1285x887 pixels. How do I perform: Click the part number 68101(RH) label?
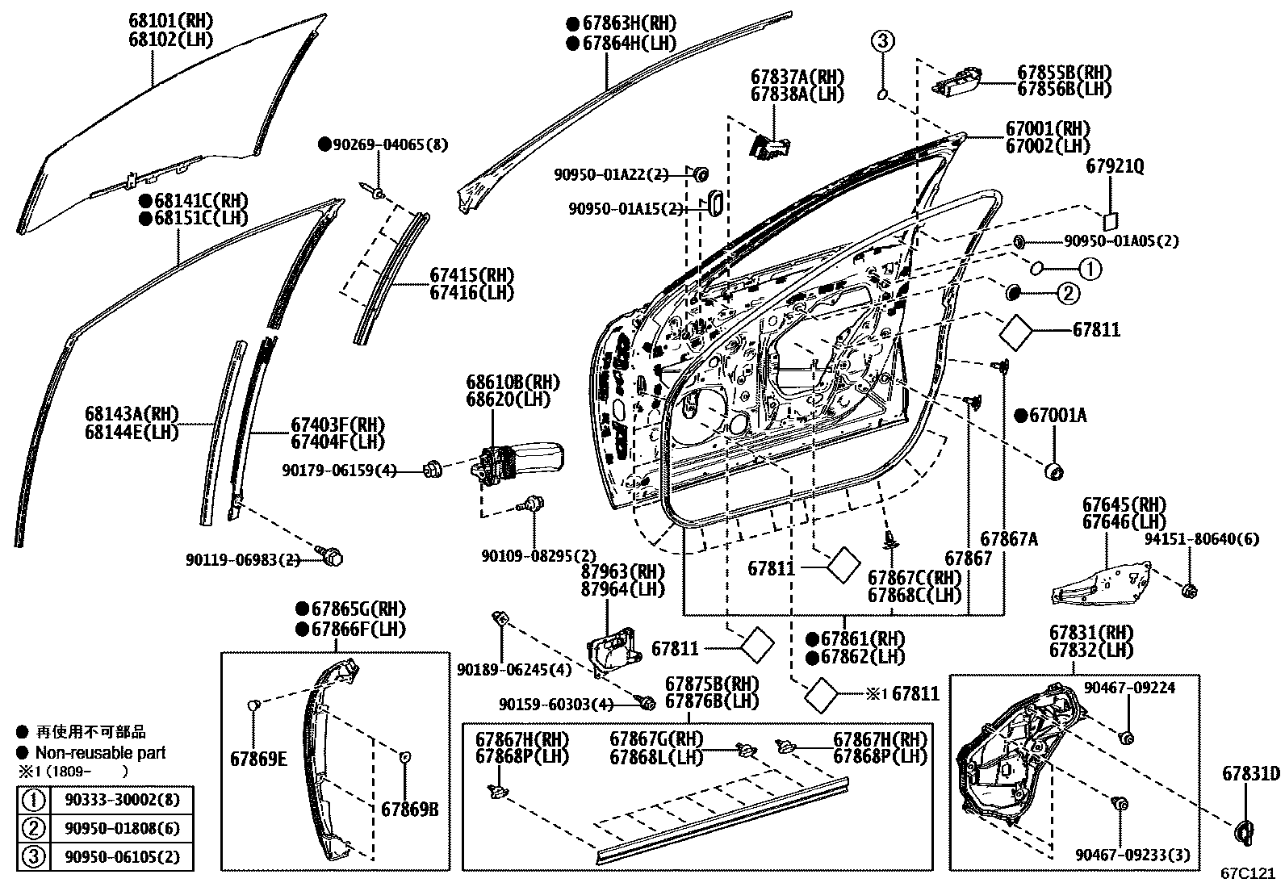coord(170,21)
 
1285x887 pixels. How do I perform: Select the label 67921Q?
coord(1115,166)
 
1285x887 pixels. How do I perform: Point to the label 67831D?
coord(1250,773)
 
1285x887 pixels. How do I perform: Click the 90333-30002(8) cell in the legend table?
coord(122,800)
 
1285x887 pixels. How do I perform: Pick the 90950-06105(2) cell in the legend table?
coord(122,856)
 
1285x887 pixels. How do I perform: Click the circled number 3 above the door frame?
coord(883,40)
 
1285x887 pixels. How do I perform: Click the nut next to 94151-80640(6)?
coord(1190,590)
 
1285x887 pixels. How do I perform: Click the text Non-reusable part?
coord(100,753)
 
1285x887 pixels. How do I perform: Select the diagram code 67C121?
coord(1247,873)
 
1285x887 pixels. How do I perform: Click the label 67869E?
coord(258,759)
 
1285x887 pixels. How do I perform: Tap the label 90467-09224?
coord(1129,688)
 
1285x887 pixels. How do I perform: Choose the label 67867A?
coord(1008,539)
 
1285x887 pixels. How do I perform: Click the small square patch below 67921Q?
coord(1111,221)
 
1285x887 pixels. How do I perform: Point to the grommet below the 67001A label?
coord(1055,471)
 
